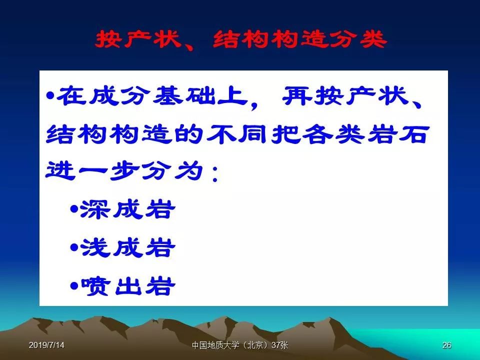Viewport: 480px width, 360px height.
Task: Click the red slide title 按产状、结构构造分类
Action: click(241, 40)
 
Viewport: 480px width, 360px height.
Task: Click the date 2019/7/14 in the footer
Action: click(46, 345)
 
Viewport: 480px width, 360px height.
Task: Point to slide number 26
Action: click(446, 345)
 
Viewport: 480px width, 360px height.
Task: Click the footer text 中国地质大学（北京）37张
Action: click(240, 345)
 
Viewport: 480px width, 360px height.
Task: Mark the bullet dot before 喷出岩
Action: click(74, 286)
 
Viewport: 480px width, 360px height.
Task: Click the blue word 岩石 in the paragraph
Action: click(397, 134)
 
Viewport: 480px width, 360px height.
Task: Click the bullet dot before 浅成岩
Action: click(74, 247)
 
